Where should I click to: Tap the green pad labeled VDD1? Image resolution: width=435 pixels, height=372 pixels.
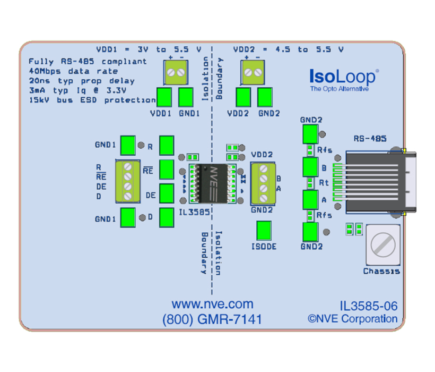point(165,97)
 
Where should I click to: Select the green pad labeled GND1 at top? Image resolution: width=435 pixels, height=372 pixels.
point(186,97)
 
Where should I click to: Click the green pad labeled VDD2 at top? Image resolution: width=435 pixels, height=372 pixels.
point(243,97)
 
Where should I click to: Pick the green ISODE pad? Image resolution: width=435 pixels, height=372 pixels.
point(264,231)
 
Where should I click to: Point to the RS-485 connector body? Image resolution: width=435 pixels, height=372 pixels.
point(377,181)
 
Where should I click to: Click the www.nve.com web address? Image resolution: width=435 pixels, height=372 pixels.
point(212,305)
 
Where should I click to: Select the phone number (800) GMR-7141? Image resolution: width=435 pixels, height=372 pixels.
point(212,319)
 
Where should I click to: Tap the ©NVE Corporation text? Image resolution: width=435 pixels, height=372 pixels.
point(352,319)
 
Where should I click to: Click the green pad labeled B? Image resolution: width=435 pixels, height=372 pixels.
point(309,166)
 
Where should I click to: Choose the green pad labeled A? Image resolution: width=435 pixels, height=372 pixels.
point(309,200)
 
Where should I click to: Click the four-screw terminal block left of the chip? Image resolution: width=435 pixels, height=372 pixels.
point(127,181)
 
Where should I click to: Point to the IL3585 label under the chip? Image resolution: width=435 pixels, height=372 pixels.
point(194,212)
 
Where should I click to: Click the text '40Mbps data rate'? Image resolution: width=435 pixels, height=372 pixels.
point(73,71)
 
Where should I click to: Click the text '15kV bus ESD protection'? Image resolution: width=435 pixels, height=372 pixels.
point(92,100)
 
